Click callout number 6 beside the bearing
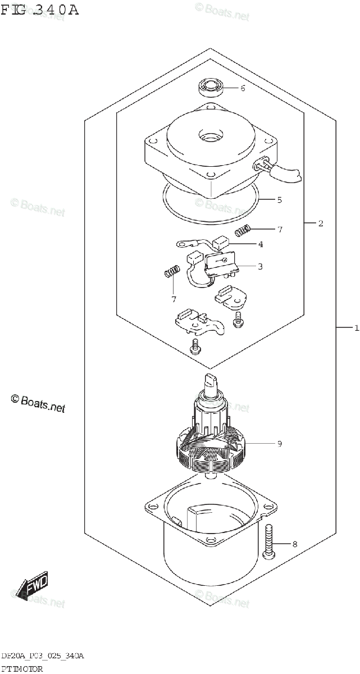coord(243,88)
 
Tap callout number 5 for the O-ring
coord(279,199)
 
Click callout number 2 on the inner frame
coord(320,224)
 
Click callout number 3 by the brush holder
coord(260,266)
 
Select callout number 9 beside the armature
coord(279,444)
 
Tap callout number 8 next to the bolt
coord(295,544)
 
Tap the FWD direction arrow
coord(33,586)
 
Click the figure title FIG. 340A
coord(39,10)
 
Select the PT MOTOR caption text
coord(22,668)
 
